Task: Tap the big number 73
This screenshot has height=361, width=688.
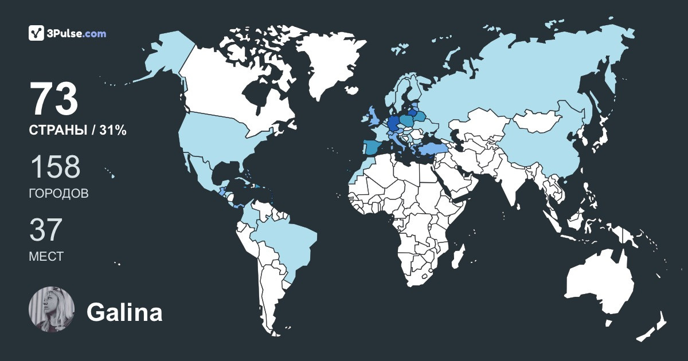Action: pos(54,100)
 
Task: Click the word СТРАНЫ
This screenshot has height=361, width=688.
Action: pos(57,131)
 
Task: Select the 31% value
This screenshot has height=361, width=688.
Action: pos(112,131)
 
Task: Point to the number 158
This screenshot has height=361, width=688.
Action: pos(55,167)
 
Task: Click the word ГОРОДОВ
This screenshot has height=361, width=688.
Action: pos(58,194)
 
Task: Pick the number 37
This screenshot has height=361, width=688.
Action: pos(45,230)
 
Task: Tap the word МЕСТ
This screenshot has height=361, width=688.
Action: pos(46,257)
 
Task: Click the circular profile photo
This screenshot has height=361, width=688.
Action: pos(52,309)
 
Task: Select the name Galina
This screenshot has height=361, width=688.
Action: pos(124,313)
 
